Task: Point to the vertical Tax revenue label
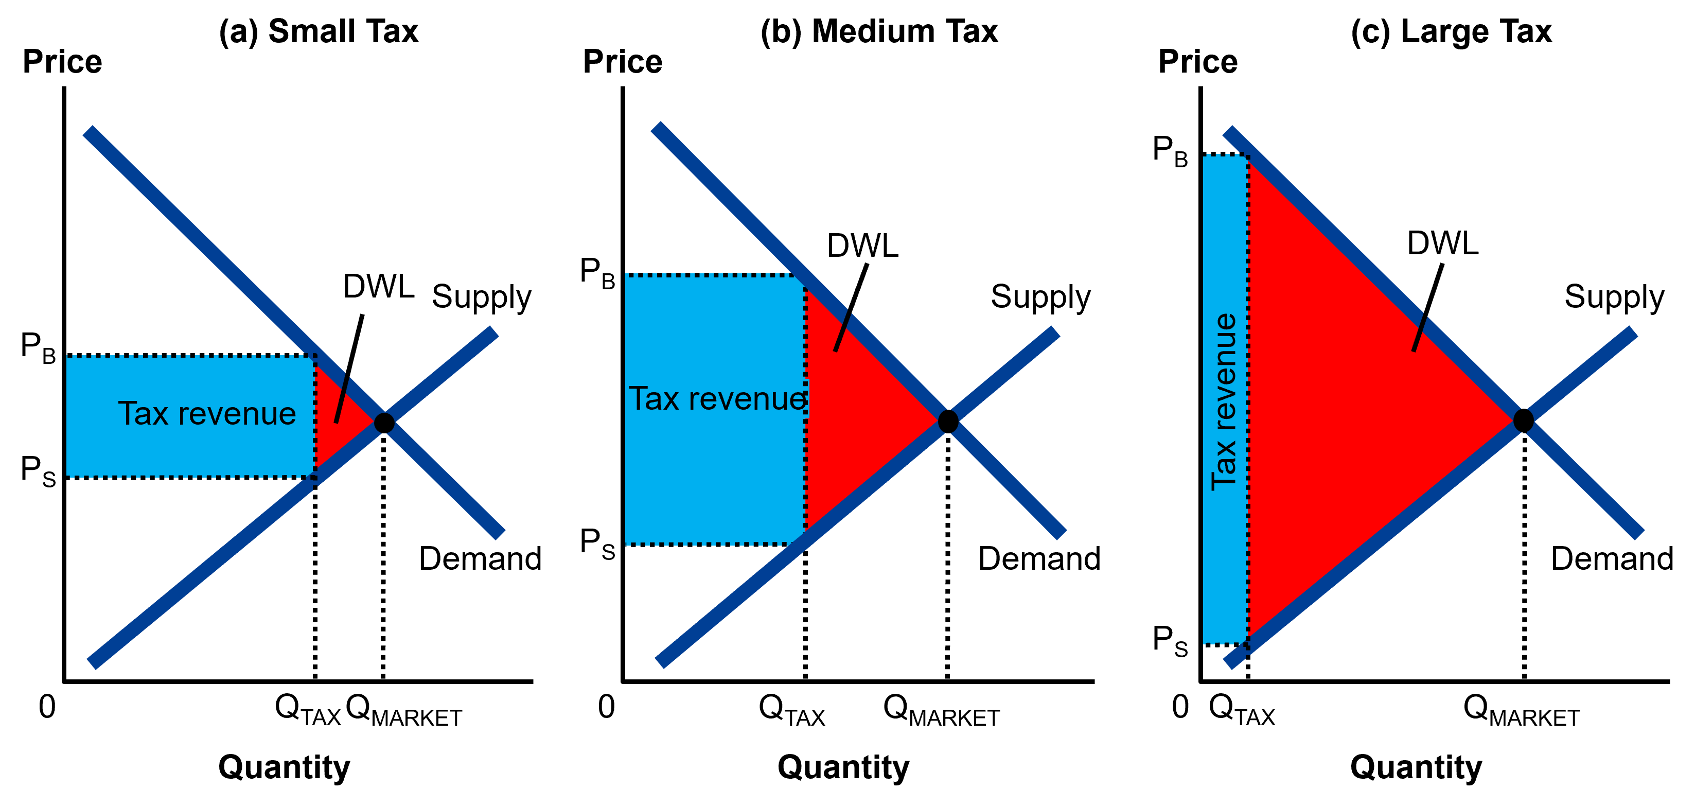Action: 1224,401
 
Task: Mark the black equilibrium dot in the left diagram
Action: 384,423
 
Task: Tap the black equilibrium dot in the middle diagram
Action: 947,421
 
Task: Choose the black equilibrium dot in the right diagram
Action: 1523,420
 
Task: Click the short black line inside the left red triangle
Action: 342,400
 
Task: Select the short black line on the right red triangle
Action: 1420,334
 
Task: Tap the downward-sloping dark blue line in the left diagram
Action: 198,237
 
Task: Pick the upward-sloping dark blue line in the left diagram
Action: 198,576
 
